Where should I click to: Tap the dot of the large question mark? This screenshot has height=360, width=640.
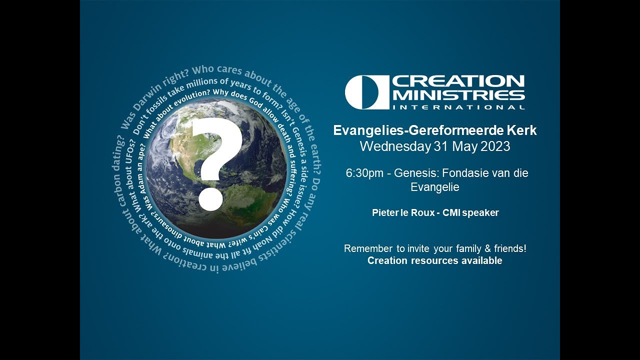tap(210, 199)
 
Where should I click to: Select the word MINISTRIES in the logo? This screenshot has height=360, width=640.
tap(458, 95)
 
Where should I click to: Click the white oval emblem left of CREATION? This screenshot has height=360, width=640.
tap(366, 92)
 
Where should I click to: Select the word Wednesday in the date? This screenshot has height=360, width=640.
tap(394, 146)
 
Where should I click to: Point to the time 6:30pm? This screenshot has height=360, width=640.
tap(364, 173)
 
